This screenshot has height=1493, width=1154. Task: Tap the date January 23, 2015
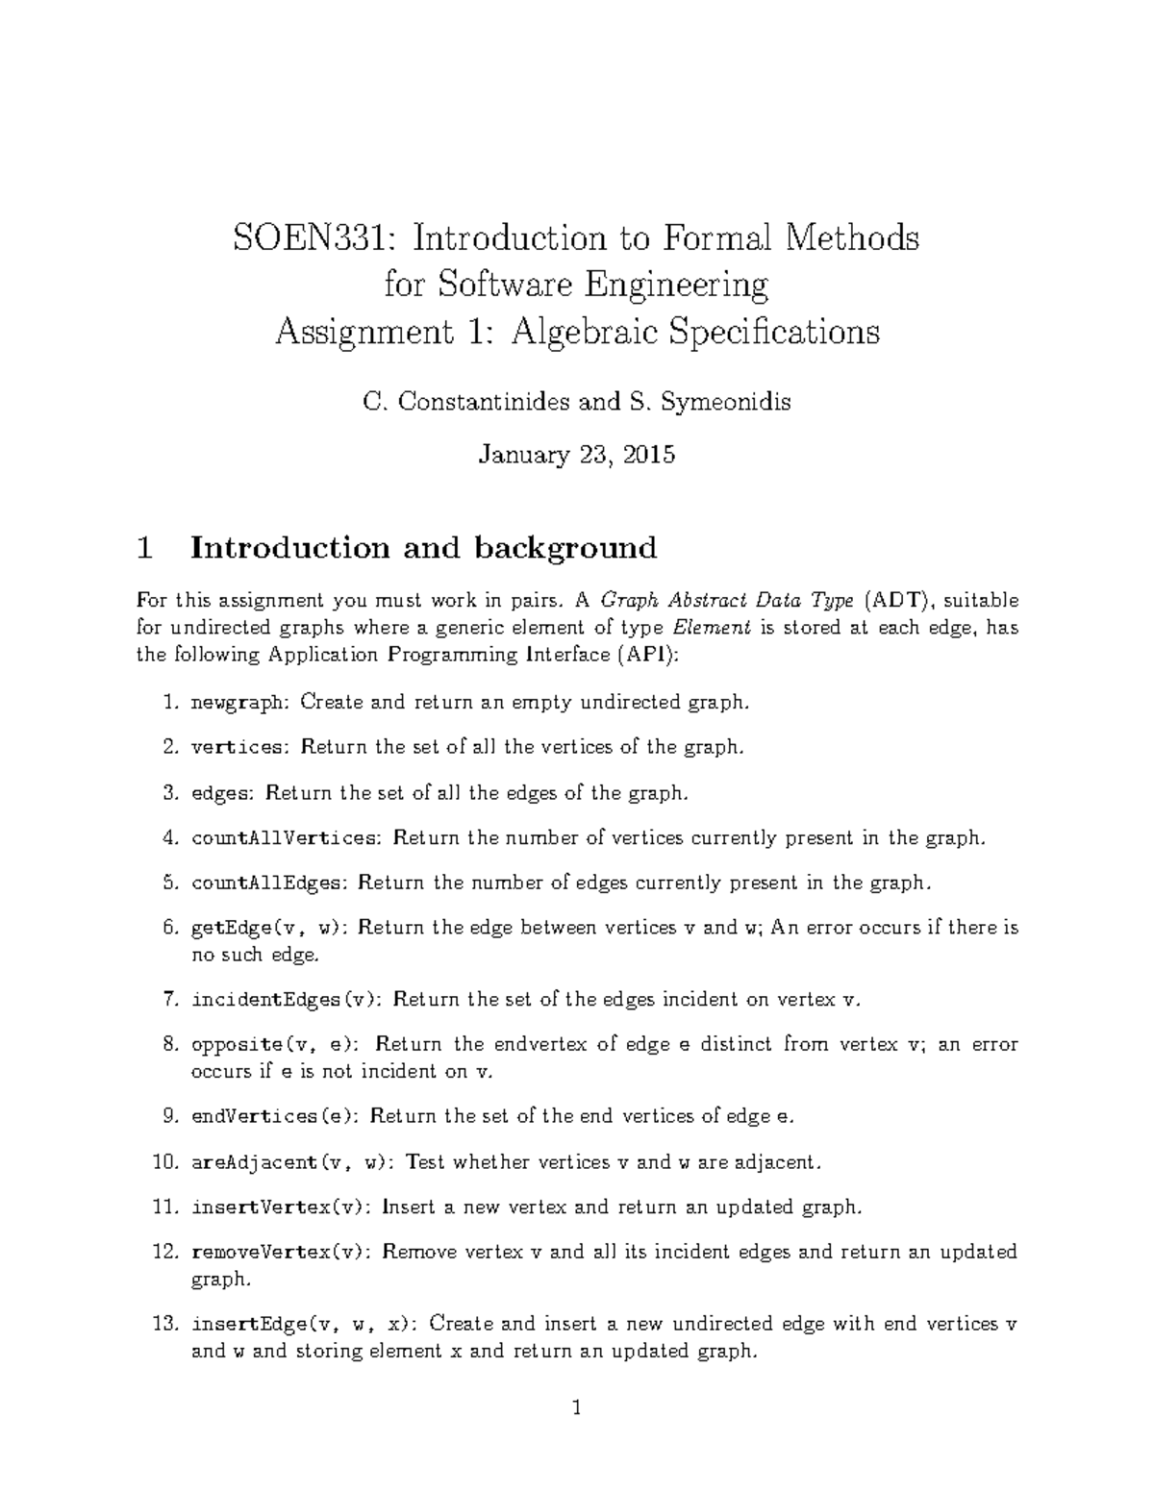[x=577, y=454]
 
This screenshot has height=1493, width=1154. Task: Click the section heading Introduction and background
[x=423, y=548]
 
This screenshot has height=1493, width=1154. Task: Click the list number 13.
[x=165, y=1324]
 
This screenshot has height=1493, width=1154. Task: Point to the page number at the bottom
[x=577, y=1409]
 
